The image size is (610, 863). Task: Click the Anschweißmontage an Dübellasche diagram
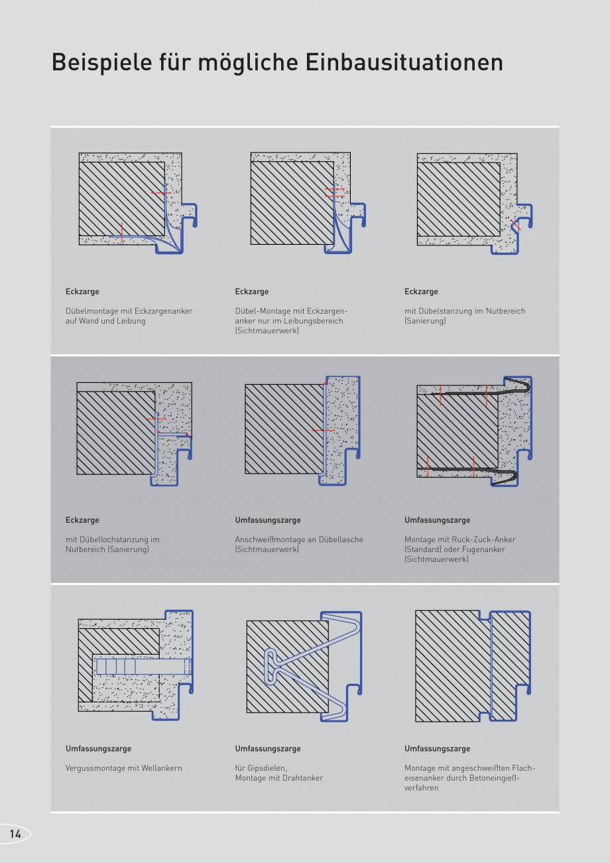point(303,431)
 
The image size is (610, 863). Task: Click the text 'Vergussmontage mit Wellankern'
point(123,768)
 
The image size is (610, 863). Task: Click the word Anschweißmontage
point(270,539)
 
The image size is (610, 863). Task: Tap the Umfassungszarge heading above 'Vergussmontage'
point(98,748)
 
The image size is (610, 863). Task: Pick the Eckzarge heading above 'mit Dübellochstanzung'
point(82,520)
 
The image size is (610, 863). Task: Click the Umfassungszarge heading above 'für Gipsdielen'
point(268,748)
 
